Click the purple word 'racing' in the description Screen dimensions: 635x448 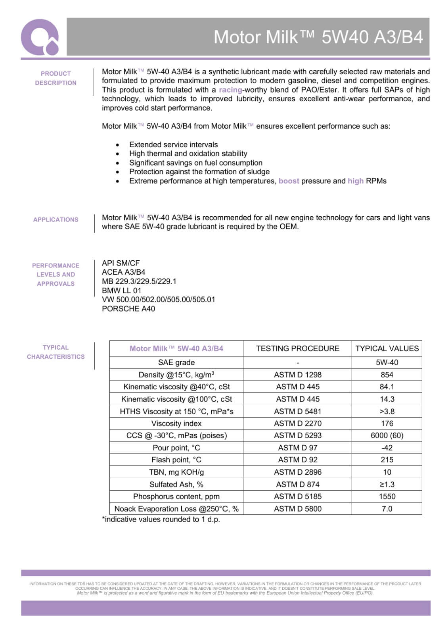pos(230,90)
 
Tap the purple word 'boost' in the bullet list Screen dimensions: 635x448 pos(289,181)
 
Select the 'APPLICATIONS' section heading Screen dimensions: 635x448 pos(56,219)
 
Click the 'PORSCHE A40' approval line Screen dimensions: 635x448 pos(128,308)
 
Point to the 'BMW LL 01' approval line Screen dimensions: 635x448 pos(121,290)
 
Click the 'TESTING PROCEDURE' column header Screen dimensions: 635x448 pos(298,348)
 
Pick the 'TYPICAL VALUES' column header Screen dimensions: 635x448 pos(387,348)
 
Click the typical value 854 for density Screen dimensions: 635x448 pos(387,375)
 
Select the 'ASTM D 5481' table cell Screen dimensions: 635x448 pos(298,411)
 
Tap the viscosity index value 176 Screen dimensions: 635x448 pos(387,423)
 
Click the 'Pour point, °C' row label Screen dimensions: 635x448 pos(176,448)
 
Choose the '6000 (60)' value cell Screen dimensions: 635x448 pos(387,435)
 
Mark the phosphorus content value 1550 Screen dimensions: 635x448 pos(387,496)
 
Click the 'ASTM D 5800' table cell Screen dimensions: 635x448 pos(298,509)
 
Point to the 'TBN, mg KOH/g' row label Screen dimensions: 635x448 pos(176,472)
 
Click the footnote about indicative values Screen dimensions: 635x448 pos(161,519)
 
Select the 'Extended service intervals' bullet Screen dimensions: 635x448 pos(173,144)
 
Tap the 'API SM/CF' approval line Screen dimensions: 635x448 pos(121,263)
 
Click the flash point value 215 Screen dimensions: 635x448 pos(387,460)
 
